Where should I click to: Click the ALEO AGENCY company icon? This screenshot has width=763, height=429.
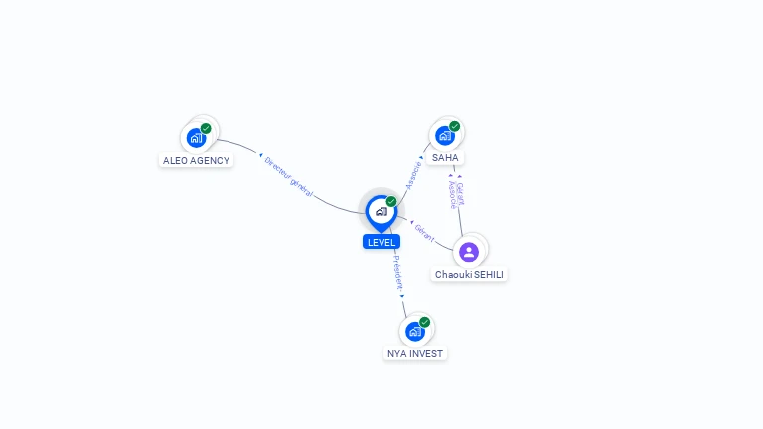tap(197, 137)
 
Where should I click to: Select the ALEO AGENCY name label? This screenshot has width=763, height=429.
tap(197, 160)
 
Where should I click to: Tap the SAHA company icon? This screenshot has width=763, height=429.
tap(445, 135)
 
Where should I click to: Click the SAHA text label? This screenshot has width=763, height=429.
tap(446, 158)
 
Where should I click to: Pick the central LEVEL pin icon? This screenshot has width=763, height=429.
tap(381, 212)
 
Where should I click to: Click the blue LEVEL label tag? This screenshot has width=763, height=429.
tap(381, 242)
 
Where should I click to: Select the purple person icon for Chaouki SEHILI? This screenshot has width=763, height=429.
tap(469, 251)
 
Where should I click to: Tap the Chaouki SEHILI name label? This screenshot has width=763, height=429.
tap(470, 274)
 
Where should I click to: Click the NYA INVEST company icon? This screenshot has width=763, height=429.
tap(415, 331)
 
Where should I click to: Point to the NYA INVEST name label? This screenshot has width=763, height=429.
tap(416, 353)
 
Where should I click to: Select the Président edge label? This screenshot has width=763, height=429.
tap(397, 272)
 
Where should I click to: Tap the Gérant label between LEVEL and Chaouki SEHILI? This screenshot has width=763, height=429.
tap(424, 234)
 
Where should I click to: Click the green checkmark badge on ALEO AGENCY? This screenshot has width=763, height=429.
tap(206, 128)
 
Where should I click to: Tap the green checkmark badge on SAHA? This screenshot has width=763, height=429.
tap(454, 126)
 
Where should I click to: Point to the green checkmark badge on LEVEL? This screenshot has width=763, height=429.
tap(391, 201)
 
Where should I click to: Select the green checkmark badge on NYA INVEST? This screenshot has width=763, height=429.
tap(424, 322)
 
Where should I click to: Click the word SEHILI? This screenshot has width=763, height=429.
tap(487, 274)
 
